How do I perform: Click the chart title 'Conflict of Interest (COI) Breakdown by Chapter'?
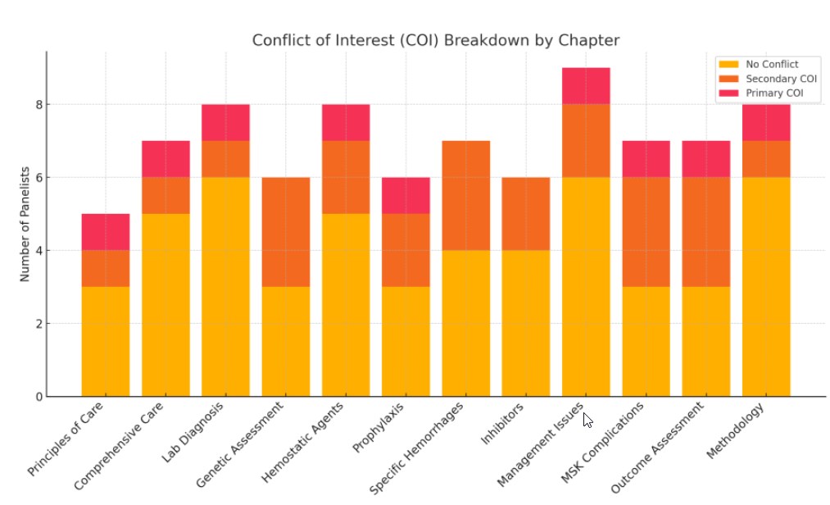[435, 40]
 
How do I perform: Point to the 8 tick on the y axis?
[38, 105]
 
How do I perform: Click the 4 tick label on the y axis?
[38, 250]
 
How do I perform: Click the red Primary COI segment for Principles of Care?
[106, 231]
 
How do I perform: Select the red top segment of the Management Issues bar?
[586, 85]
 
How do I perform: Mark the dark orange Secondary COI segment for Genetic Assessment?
[286, 231]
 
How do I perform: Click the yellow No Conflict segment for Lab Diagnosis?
[225, 287]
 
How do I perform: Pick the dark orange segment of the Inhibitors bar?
[526, 213]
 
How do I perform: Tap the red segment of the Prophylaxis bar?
[406, 195]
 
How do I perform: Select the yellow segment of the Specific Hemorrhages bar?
[465, 323]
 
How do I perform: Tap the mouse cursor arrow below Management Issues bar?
[587, 420]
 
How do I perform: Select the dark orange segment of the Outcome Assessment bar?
[705, 231]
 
